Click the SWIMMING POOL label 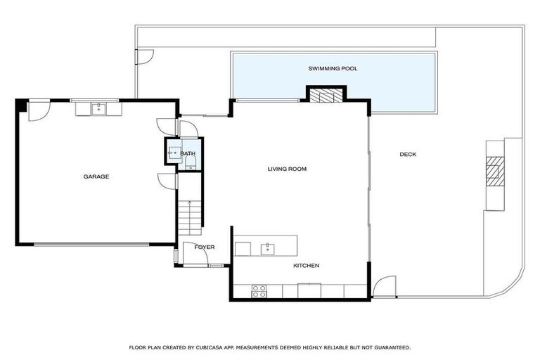pos(333,68)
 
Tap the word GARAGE pos(96,176)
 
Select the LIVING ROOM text pos(287,169)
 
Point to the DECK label pos(408,155)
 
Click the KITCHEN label pos(306,265)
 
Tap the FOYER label pos(205,247)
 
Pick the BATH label pos(188,153)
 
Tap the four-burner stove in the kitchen pos(259,290)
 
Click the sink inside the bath pos(171,151)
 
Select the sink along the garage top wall pos(98,108)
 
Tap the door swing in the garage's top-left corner pos(38,111)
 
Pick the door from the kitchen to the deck pos(384,287)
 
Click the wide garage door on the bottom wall pos(91,244)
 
